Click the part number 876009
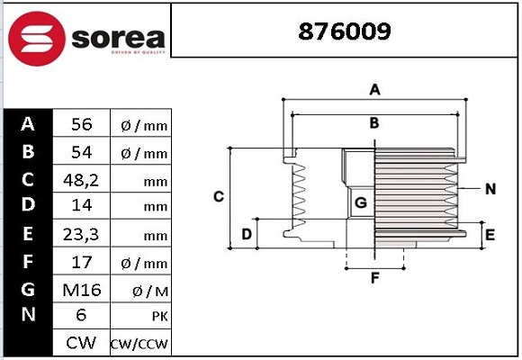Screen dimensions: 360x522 click(x=345, y=33)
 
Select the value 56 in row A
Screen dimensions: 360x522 click(x=82, y=124)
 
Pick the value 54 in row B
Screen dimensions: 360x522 click(x=82, y=152)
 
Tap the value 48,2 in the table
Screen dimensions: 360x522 click(x=82, y=179)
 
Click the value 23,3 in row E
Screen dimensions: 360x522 click(x=82, y=234)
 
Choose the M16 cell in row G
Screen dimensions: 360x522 click(x=82, y=289)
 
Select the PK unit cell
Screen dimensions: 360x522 click(x=139, y=317)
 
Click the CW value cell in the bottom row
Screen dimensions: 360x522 click(x=82, y=344)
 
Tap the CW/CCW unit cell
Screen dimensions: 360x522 click(x=139, y=344)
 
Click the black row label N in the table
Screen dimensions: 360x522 click(x=28, y=315)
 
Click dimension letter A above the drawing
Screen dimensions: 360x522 click(x=375, y=89)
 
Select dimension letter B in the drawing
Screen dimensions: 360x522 click(x=374, y=123)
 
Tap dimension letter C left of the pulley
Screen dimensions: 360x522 click(x=218, y=196)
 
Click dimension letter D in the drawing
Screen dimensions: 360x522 click(x=246, y=236)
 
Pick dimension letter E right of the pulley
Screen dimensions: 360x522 click(x=490, y=235)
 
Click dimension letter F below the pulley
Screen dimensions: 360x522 click(x=375, y=277)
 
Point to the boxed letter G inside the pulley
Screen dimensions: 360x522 click(x=360, y=202)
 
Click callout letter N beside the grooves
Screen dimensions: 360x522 click(x=490, y=189)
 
